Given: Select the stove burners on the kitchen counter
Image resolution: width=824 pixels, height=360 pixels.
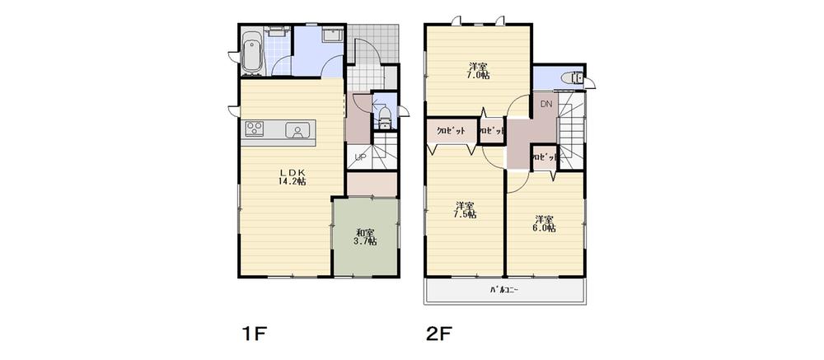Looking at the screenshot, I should pyautogui.click(x=254, y=129).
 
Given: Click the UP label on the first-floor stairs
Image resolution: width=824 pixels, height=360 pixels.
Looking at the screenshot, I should pyautogui.click(x=360, y=157).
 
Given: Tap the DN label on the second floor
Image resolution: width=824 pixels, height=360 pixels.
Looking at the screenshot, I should pyautogui.click(x=545, y=105).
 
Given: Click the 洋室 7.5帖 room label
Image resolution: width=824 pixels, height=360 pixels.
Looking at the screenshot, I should pyautogui.click(x=464, y=210).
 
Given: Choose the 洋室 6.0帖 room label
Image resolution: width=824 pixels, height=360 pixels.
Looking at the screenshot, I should pyautogui.click(x=543, y=223).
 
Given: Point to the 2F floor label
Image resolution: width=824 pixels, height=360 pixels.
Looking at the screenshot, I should pyautogui.click(x=441, y=334).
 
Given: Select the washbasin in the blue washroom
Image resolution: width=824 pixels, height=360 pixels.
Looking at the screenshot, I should pyautogui.click(x=333, y=36).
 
